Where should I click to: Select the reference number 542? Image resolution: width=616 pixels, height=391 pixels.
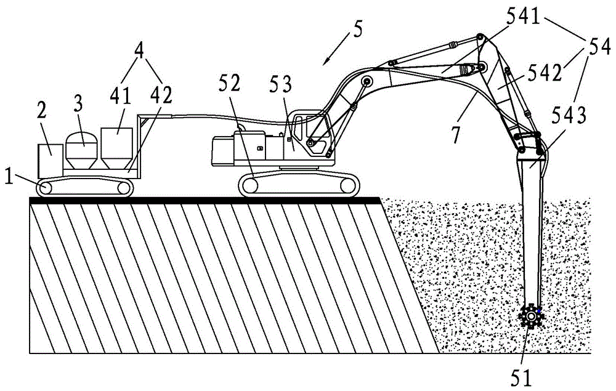(x=545, y=73)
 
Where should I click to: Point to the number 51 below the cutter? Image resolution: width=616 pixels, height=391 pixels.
(x=521, y=378)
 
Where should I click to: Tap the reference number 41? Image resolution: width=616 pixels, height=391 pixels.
(x=126, y=94)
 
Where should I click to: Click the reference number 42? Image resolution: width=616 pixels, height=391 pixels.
(x=162, y=95)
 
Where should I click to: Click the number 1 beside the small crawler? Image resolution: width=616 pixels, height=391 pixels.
(x=10, y=178)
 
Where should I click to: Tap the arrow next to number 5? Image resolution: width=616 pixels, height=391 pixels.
(x=338, y=49)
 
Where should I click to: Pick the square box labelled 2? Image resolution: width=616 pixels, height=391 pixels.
(x=51, y=161)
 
